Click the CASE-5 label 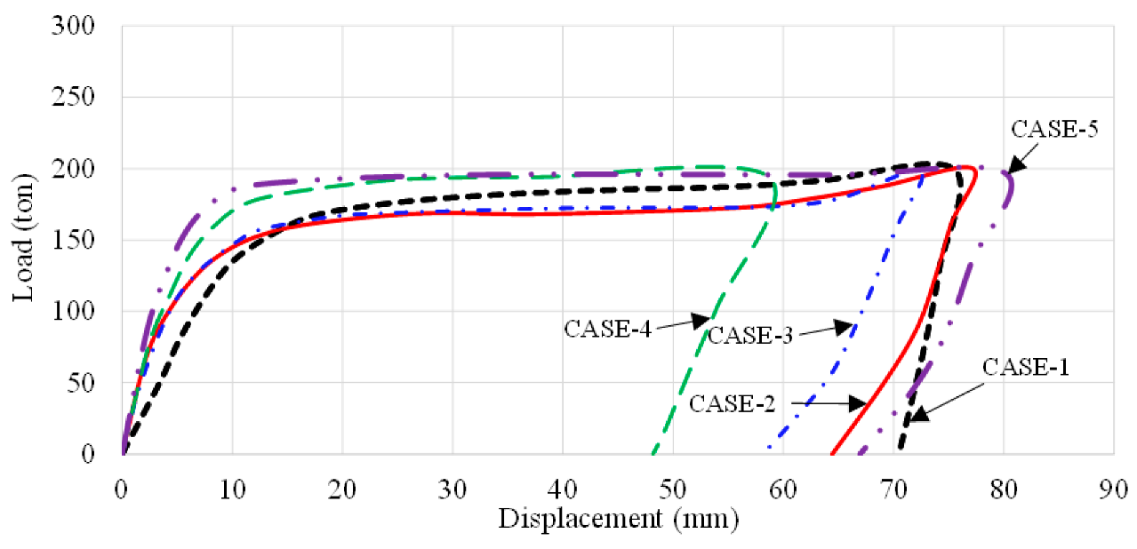[x=1055, y=129]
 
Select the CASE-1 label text [x=1026, y=367]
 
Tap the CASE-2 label [x=733, y=403]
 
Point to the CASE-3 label [x=750, y=335]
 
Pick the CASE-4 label [x=608, y=328]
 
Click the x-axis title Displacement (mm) [x=618, y=518]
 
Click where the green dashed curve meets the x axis [x=653, y=453]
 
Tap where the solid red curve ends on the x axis [x=831, y=453]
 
